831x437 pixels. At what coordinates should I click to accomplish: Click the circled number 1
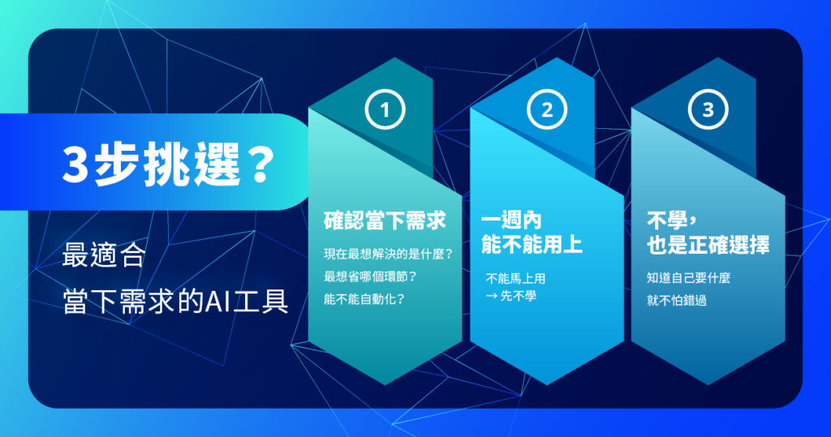pyautogui.click(x=385, y=110)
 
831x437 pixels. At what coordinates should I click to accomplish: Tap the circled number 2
pyautogui.click(x=547, y=110)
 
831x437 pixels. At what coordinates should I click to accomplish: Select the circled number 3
pyautogui.click(x=708, y=110)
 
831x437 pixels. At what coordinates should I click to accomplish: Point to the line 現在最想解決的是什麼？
pyautogui.click(x=388, y=255)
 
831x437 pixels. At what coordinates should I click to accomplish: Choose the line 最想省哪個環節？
pyautogui.click(x=371, y=276)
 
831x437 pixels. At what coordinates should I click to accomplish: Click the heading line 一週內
pyautogui.click(x=511, y=221)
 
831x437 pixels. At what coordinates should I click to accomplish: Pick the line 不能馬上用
pyautogui.click(x=516, y=278)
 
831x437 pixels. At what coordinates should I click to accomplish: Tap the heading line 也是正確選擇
pyautogui.click(x=708, y=245)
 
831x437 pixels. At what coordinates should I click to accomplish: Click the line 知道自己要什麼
pyautogui.click(x=689, y=278)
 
